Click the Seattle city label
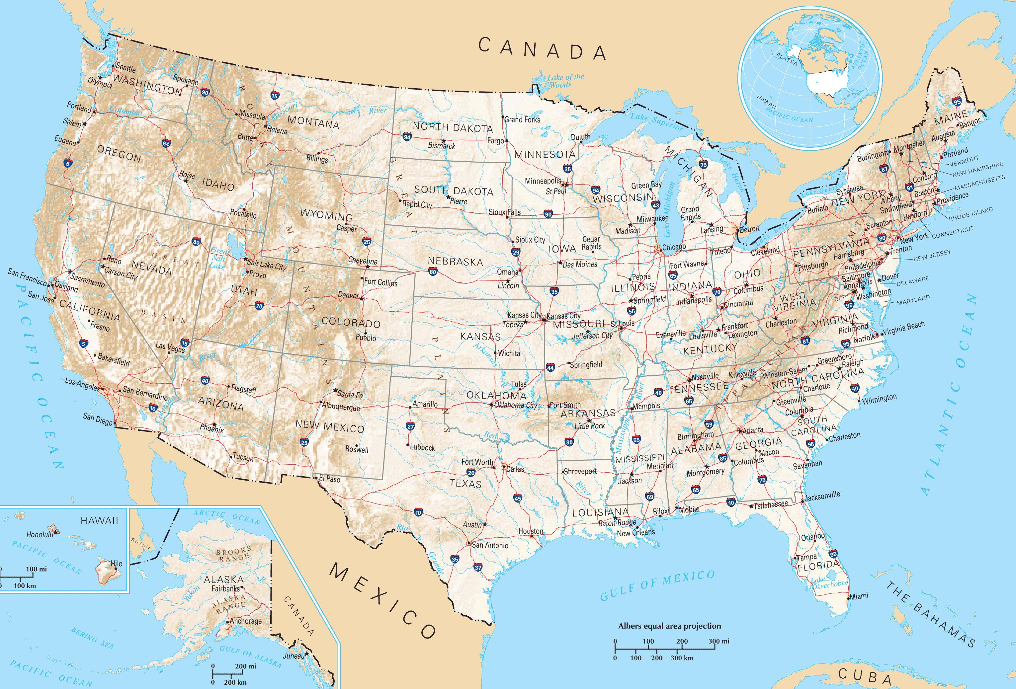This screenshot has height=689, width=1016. pos(126,69)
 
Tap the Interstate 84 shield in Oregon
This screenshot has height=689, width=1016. pos(166,143)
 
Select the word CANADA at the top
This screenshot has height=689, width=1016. pos(542,49)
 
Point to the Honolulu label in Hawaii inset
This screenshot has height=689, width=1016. pos(40,534)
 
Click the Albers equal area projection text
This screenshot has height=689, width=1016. pos(669,626)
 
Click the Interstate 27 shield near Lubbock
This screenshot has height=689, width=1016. pos(410,426)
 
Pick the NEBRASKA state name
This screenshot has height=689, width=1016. pos(455,262)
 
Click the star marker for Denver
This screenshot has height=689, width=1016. pos(362,298)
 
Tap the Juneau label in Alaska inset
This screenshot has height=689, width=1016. pos(294,656)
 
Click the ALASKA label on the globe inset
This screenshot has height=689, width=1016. pos(786,59)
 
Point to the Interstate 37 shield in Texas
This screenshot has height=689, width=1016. pos(478,568)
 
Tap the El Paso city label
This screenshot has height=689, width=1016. pos(329,479)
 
